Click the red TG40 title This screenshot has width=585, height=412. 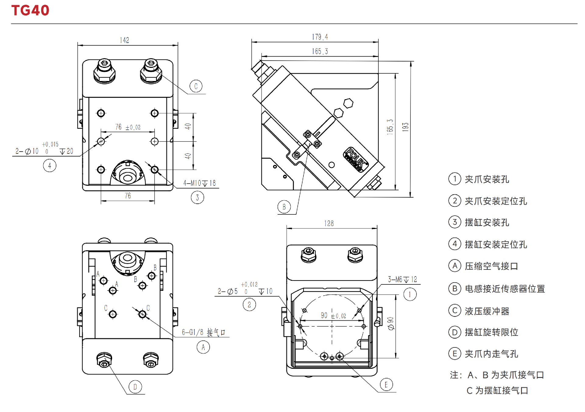[x=30, y=10]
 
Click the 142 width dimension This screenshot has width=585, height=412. [x=124, y=40]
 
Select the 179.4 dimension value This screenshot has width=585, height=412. [x=320, y=37]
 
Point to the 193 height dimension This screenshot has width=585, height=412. [x=405, y=127]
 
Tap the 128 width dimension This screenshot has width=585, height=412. [x=329, y=224]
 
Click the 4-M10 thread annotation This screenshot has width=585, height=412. [x=200, y=183]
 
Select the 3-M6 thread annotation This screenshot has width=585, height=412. [x=402, y=279]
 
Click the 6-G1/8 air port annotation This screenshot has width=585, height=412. [x=203, y=332]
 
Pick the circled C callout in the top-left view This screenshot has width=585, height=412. [x=196, y=86]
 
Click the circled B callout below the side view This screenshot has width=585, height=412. [x=284, y=207]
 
